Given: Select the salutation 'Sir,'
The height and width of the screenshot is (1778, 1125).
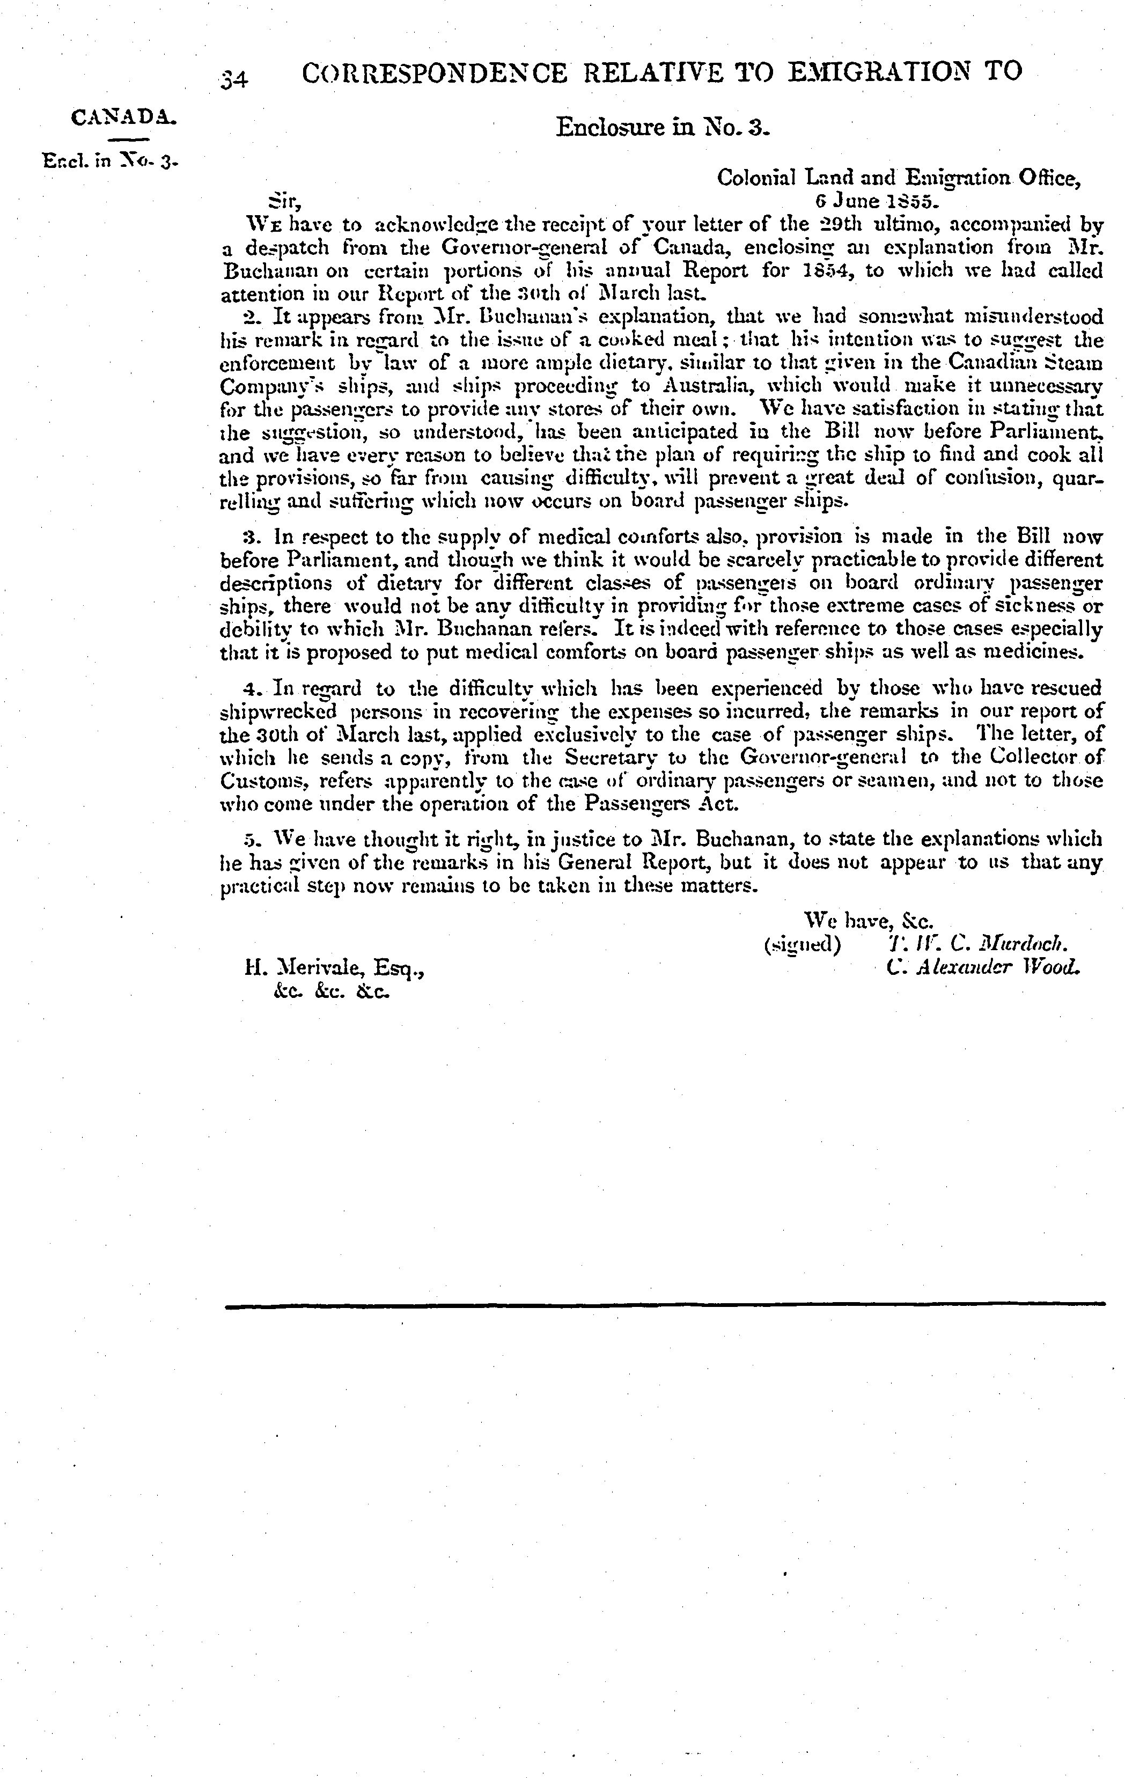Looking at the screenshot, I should [x=283, y=201].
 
